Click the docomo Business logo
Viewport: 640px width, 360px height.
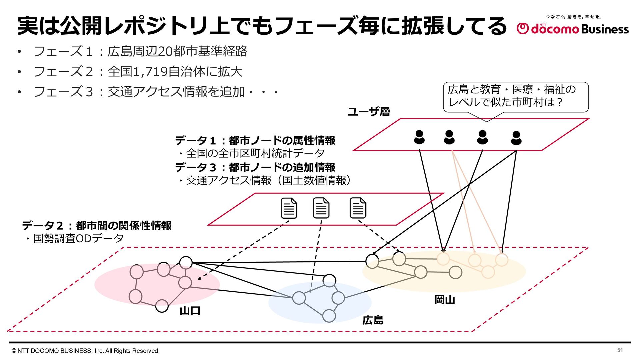(x=573, y=25)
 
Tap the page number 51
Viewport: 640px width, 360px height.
(x=620, y=350)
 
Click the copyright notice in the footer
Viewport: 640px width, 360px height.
(x=86, y=351)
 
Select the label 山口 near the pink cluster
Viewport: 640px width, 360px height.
(x=190, y=311)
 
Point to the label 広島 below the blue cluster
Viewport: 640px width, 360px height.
(x=373, y=320)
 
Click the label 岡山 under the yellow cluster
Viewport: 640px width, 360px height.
(x=445, y=300)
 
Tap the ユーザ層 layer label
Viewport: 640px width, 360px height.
(x=369, y=111)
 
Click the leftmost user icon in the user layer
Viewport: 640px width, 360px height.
(x=419, y=137)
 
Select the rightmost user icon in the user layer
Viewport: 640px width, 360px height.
(x=516, y=138)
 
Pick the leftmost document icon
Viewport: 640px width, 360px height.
(x=289, y=208)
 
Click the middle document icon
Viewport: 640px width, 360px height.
(x=321, y=208)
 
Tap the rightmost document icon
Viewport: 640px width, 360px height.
(x=358, y=208)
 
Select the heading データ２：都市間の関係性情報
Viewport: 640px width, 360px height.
(x=97, y=225)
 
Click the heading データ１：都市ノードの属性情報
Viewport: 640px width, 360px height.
(x=255, y=140)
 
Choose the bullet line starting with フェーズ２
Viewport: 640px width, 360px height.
(x=138, y=72)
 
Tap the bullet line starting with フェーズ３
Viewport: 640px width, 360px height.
(x=156, y=92)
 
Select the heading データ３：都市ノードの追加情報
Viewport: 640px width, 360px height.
(x=255, y=167)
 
